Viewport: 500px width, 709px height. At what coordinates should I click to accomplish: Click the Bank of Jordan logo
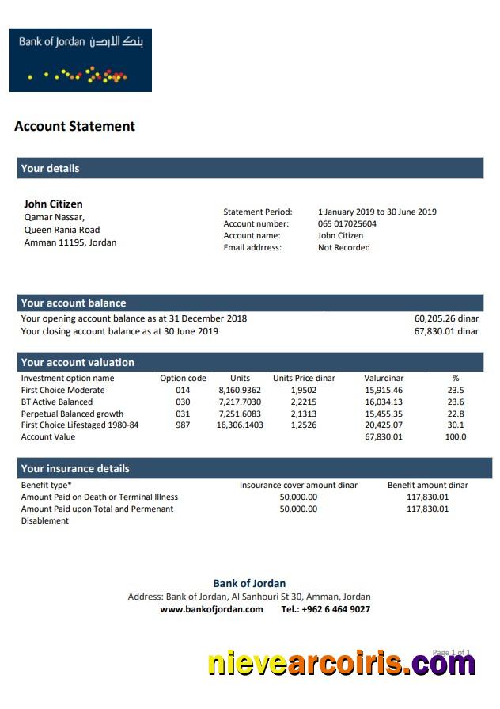point(80,60)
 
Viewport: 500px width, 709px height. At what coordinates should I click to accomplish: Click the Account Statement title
point(74,126)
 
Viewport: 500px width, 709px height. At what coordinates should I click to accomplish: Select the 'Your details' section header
point(50,168)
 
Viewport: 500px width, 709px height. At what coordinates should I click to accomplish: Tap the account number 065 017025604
point(347,223)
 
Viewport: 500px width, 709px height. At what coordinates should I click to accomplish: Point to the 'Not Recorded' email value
point(343,247)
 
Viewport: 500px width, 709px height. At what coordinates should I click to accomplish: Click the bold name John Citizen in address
point(53,204)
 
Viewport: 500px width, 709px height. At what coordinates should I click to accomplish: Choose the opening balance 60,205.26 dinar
point(446,318)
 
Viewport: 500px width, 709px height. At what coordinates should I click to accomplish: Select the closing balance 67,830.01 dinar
point(446,331)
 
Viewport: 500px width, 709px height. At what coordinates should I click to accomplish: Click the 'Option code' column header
point(183,378)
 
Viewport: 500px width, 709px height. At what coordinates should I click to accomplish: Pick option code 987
point(183,425)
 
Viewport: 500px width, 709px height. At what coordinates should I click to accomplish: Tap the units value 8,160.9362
point(240,390)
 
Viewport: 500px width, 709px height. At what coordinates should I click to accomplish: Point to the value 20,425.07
point(383,425)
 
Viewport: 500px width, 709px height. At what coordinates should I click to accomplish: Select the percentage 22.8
point(456,414)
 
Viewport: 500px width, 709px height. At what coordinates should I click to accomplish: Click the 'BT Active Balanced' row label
point(56,402)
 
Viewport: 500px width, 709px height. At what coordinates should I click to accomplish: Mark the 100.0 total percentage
point(456,436)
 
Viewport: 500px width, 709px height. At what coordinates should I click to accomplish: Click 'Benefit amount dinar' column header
point(427,485)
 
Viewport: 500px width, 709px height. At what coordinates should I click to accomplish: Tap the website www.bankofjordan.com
point(211,609)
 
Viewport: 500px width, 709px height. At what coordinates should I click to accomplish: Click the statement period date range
point(377,212)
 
